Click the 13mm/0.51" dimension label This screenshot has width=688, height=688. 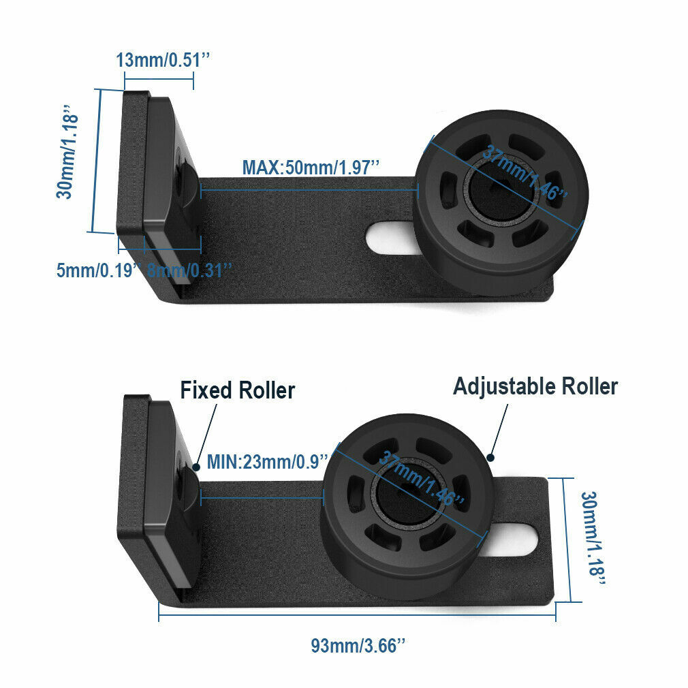pyautogui.click(x=161, y=60)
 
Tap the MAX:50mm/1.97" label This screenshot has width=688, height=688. pyautogui.click(x=311, y=167)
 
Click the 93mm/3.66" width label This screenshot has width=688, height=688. pyautogui.click(x=358, y=645)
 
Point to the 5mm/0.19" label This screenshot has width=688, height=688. pyautogui.click(x=99, y=270)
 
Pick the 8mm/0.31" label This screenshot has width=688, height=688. pyautogui.click(x=190, y=270)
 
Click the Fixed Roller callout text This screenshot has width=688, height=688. pyautogui.click(x=237, y=391)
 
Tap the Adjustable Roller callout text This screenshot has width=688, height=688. pyautogui.click(x=535, y=387)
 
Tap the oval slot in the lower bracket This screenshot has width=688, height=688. pyautogui.click(x=522, y=538)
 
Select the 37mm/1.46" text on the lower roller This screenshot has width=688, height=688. pyautogui.click(x=422, y=478)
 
